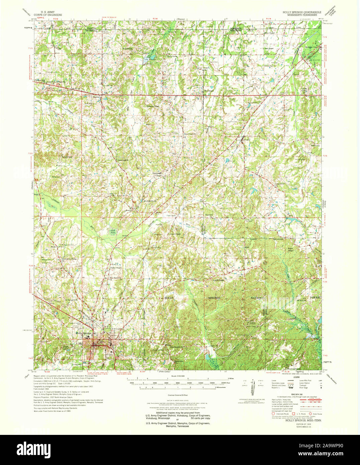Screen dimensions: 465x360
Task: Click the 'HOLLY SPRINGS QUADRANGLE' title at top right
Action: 302,12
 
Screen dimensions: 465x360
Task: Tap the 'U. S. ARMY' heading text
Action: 48,12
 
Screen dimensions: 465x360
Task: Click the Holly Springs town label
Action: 83,333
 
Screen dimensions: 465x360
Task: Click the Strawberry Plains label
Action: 69,259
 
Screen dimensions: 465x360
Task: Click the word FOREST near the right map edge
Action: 315,297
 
